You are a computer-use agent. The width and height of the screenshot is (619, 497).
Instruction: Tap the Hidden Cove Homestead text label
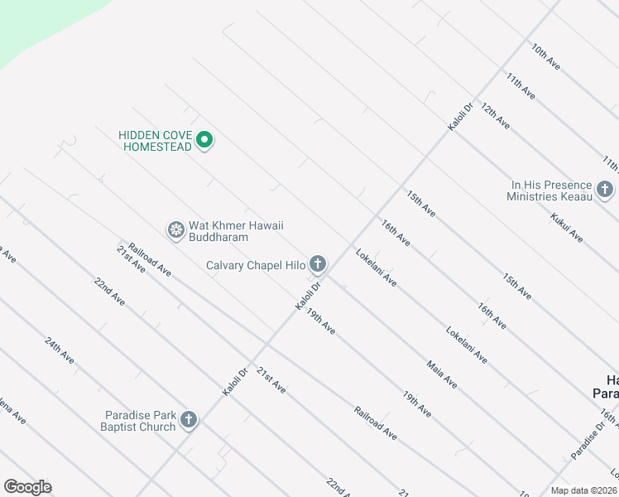(x=156, y=141)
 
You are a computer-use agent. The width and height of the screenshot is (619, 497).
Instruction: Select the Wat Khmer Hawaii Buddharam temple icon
(x=175, y=230)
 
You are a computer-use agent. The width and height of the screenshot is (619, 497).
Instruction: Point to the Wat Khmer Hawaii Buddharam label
(x=231, y=231)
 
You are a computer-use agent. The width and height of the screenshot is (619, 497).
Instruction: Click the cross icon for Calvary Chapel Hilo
(x=318, y=265)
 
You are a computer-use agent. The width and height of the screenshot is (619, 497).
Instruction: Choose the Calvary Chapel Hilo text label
(x=256, y=266)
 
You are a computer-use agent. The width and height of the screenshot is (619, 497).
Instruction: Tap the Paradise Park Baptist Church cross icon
(x=189, y=421)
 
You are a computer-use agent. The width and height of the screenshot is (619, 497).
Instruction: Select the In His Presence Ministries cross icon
(x=605, y=191)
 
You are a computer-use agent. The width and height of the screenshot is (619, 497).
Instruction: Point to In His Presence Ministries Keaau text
(x=551, y=191)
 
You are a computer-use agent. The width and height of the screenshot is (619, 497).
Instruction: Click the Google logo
(x=27, y=487)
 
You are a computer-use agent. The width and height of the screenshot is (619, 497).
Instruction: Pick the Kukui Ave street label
(x=567, y=228)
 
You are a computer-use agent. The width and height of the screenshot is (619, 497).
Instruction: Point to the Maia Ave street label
(x=442, y=374)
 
